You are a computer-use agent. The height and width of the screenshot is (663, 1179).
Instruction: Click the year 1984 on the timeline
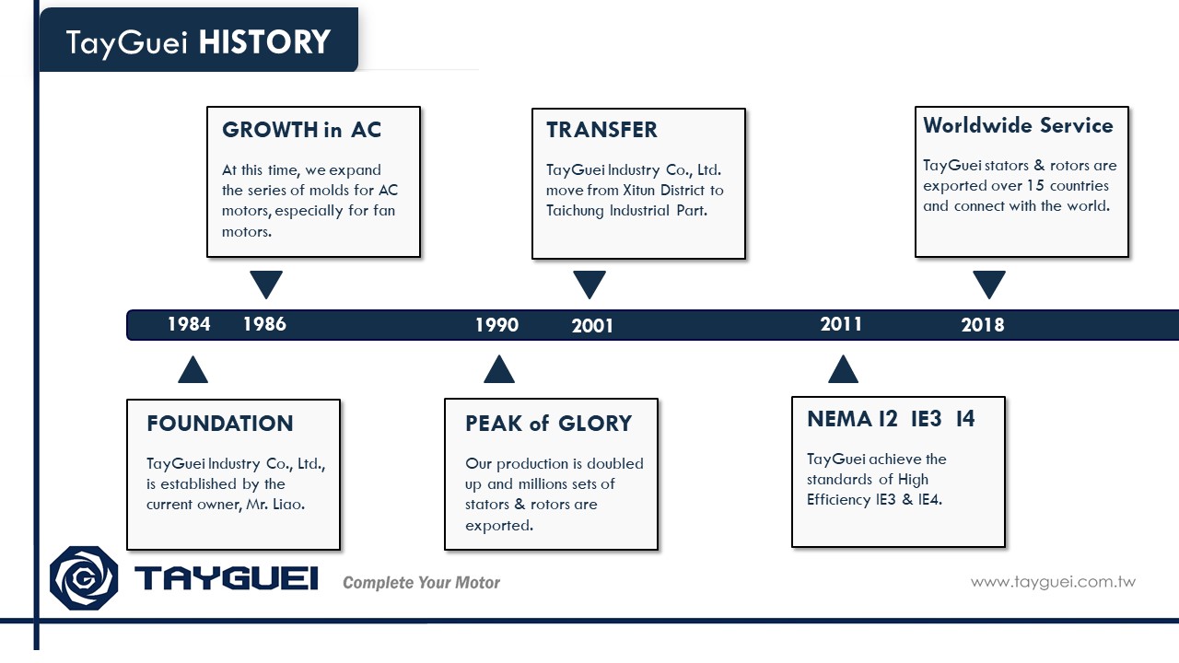pyautogui.click(x=189, y=324)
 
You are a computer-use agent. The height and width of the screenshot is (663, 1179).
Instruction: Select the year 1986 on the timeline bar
pyautogui.click(x=264, y=324)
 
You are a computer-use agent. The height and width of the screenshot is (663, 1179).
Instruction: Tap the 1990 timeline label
pyautogui.click(x=496, y=325)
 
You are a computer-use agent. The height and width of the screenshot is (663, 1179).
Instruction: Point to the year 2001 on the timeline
pyautogui.click(x=592, y=326)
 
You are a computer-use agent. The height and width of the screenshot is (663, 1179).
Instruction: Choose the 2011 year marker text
pyautogui.click(x=841, y=324)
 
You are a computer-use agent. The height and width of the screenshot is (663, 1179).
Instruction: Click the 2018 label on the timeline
pyautogui.click(x=983, y=325)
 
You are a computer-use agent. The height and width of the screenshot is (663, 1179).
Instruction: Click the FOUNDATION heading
pyautogui.click(x=220, y=424)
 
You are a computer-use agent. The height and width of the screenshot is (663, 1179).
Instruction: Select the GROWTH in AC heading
pyautogui.click(x=301, y=130)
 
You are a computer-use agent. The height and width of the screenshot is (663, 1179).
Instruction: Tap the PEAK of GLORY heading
pyautogui.click(x=548, y=424)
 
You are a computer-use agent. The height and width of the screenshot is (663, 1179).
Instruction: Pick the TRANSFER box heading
pyautogui.click(x=601, y=130)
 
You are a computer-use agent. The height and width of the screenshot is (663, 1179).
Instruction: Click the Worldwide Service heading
pyautogui.click(x=1018, y=126)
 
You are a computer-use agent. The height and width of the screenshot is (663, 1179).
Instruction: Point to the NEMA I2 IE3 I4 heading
pyautogui.click(x=891, y=419)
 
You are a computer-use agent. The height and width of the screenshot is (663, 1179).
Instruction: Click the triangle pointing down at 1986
pyautogui.click(x=266, y=283)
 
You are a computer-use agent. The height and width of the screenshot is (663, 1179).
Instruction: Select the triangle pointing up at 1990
pyautogui.click(x=499, y=370)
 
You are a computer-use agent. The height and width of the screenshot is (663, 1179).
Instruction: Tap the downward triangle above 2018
pyautogui.click(x=989, y=283)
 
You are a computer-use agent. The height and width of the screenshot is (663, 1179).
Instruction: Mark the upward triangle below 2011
pyautogui.click(x=843, y=370)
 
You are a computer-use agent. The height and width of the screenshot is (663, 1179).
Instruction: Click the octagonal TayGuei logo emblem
pyautogui.click(x=84, y=578)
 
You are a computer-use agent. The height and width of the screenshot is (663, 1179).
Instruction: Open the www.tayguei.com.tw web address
pyautogui.click(x=1053, y=582)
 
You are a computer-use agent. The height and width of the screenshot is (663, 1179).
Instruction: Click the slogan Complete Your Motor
pyautogui.click(x=421, y=583)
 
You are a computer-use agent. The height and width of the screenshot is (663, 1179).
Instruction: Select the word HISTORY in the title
pyautogui.click(x=264, y=42)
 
